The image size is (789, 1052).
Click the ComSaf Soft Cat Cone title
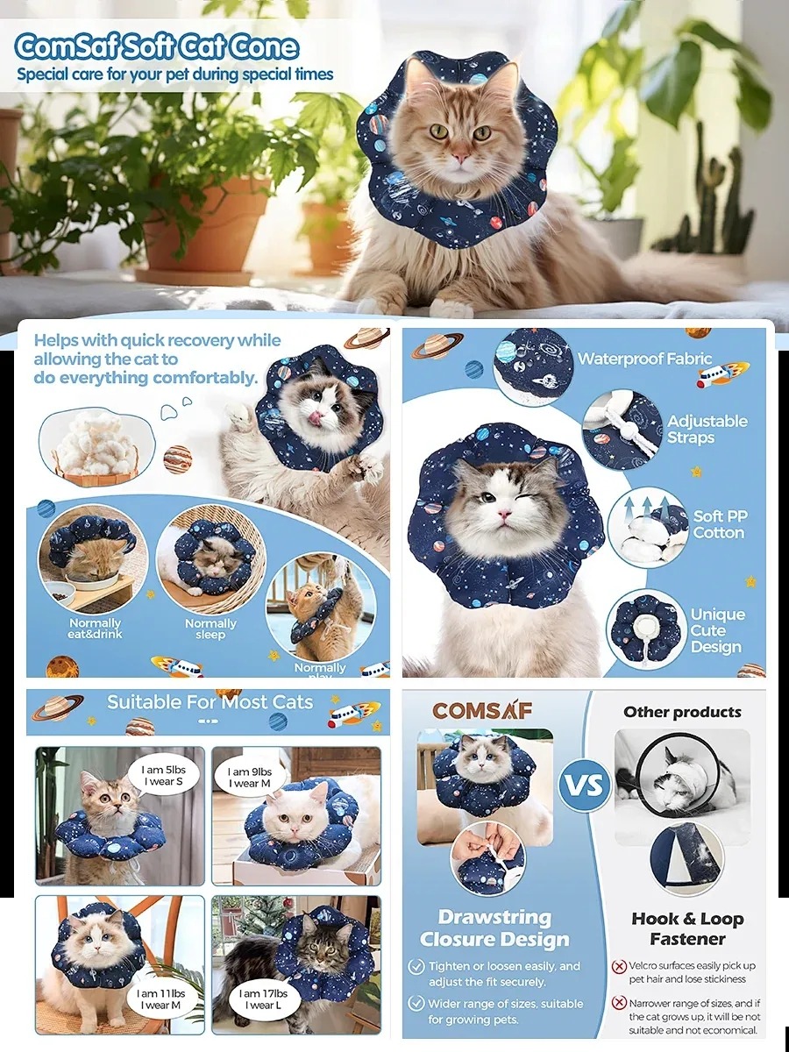pos(157,47)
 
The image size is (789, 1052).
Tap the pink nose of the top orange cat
pos(461,156)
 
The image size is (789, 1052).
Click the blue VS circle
pos(585,785)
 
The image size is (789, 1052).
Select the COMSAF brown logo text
pos(481,711)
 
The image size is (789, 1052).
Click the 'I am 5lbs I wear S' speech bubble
pos(163,776)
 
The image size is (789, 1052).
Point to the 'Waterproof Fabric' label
pos(644,359)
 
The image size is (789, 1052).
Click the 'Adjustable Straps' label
pos(707,430)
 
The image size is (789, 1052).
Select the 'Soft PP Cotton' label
pos(719,524)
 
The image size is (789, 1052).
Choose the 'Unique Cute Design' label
pos(717,630)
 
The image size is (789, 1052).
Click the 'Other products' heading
pos(682,712)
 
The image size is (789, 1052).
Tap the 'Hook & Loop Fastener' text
pos(687,928)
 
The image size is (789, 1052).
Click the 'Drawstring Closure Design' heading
pos(494,928)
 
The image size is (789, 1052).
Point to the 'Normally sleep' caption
pos(210,629)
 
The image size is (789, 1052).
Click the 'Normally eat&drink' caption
pos(95,629)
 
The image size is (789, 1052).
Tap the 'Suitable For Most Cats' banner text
pos(210,702)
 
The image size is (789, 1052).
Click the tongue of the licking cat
pos(315,419)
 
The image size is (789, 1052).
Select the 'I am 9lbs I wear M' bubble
pos(249,777)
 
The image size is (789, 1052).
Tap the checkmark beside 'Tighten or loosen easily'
pos(416,967)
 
